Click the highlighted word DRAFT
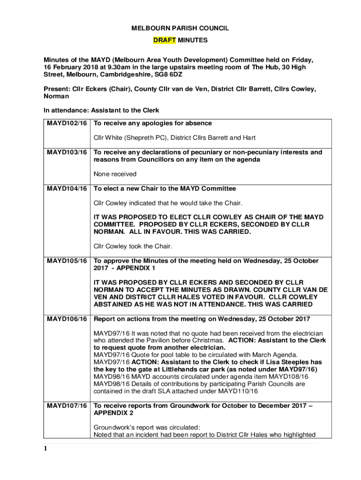165,40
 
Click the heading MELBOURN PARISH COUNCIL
180,29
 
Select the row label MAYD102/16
67,123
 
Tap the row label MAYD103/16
67,152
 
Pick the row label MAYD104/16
67,188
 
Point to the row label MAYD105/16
67,261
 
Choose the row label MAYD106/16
67,319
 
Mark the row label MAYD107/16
67,405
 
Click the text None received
115,174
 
